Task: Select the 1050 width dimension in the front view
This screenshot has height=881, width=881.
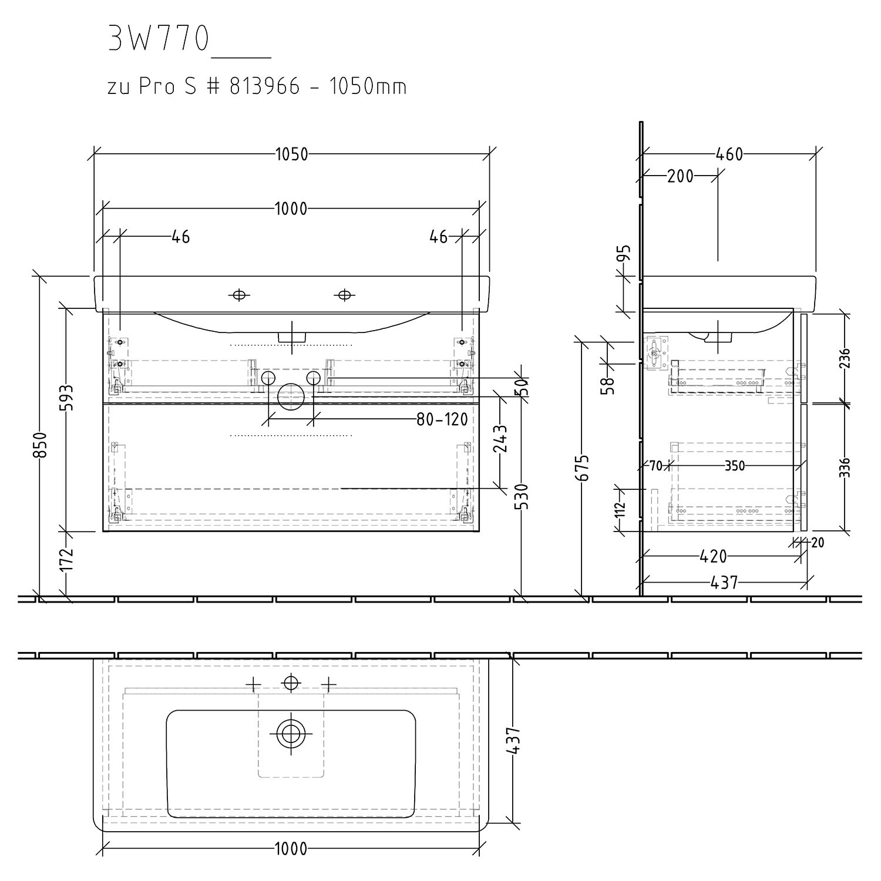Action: (291, 154)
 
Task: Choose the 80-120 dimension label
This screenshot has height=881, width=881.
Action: (442, 419)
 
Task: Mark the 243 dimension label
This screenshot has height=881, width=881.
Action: (500, 438)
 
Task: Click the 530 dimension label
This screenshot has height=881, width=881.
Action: (522, 496)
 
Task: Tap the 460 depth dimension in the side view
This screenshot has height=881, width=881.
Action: (729, 154)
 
